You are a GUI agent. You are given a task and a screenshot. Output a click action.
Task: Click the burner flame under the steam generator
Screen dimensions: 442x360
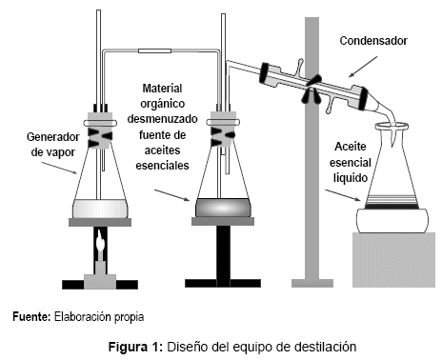pos(100,242)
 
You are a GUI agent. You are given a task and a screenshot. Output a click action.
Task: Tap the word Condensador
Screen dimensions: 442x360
pos(373,41)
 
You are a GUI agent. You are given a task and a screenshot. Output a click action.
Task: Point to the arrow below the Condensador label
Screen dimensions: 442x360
pos(363,67)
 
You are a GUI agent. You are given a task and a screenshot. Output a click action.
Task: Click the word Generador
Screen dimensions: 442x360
pos(53,137)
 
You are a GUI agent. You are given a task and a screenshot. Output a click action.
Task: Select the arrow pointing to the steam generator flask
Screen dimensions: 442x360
pos(59,168)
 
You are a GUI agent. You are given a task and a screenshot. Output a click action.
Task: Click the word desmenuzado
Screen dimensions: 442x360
pos(162,119)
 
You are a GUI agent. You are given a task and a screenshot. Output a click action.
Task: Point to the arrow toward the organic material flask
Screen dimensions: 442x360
pos(171,195)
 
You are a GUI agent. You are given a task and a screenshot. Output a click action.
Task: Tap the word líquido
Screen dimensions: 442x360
pos(351,178)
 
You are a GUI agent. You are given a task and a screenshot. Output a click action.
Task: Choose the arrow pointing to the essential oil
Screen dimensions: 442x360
pos(343,195)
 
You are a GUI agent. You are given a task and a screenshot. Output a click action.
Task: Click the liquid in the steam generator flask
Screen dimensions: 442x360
pos(100,209)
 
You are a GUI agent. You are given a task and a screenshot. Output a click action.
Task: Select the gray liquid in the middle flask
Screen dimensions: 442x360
pos(223,208)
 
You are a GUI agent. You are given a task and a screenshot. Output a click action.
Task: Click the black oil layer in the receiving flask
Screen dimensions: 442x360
pos(392,207)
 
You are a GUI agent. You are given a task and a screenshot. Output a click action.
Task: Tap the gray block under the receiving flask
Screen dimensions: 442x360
pos(393,260)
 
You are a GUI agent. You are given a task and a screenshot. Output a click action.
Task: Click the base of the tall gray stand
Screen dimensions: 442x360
pos(312,283)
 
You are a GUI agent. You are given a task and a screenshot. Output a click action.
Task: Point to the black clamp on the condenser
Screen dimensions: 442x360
pos(311,90)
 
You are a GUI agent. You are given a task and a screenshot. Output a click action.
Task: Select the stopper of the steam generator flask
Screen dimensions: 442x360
pos(100,130)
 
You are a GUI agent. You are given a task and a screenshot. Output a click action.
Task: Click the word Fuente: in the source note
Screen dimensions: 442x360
pos(31,317)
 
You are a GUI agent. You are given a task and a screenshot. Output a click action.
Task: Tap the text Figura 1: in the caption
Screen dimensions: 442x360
pos(136,347)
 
